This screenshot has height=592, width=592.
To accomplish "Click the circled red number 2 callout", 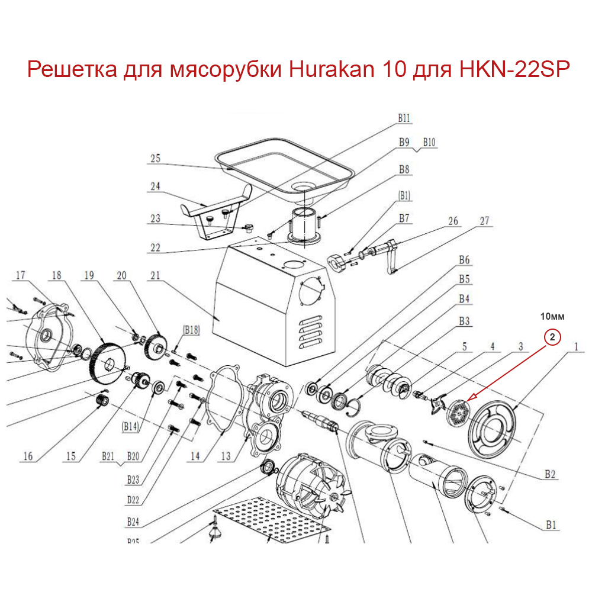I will coord(551,337).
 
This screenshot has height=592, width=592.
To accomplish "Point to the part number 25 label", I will coord(156,158).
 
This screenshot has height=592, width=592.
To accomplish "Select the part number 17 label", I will coord(21,275).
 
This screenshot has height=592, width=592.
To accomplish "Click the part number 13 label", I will coord(226,456).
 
